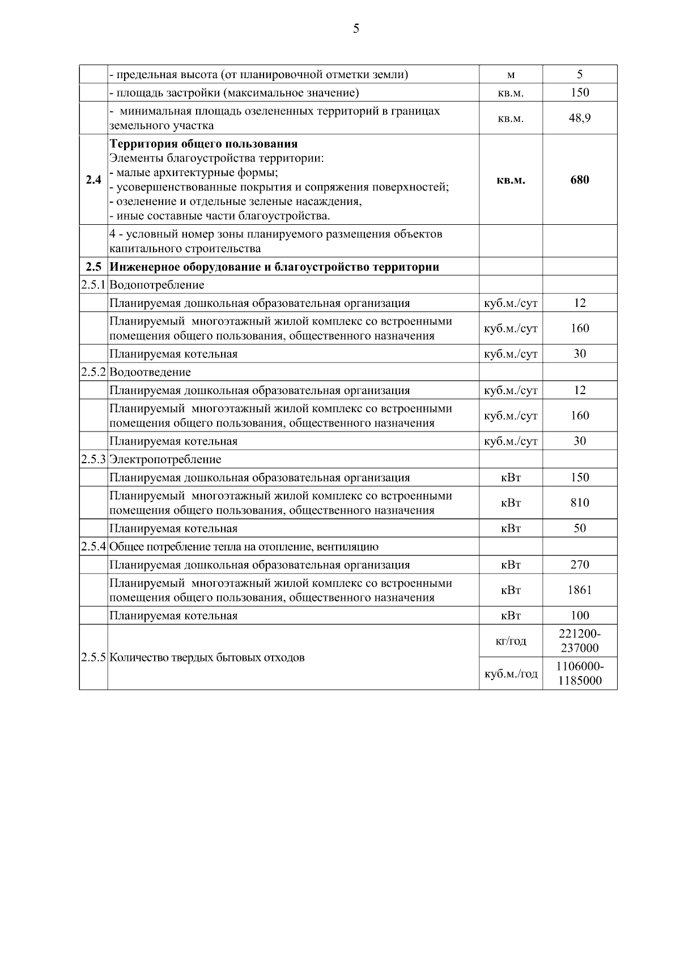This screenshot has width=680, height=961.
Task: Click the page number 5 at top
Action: click(356, 29)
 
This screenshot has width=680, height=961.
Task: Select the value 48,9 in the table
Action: click(580, 118)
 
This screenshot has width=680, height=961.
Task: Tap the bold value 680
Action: click(580, 180)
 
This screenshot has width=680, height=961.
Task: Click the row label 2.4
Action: click(93, 180)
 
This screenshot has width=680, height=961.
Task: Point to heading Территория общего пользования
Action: click(203, 144)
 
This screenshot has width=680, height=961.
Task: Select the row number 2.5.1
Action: click(93, 285)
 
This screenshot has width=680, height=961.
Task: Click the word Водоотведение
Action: click(150, 372)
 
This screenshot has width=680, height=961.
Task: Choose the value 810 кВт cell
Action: click(580, 503)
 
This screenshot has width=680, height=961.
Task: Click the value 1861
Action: click(580, 590)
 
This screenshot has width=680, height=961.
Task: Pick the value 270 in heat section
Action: click(580, 565)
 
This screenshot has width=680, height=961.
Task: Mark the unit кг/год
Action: click(511, 641)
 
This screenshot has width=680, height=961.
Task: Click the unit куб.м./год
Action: click(511, 674)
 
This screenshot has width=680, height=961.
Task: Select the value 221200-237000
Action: click(580, 641)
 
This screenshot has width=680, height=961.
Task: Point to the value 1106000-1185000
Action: click(580, 674)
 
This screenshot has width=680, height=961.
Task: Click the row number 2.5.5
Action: click(93, 657)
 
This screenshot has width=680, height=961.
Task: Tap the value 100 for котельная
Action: click(580, 616)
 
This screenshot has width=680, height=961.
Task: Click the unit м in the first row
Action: click(511, 75)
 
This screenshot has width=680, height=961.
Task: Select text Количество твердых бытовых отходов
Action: click(207, 657)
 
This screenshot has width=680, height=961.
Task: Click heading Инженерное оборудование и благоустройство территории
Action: click(274, 267)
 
